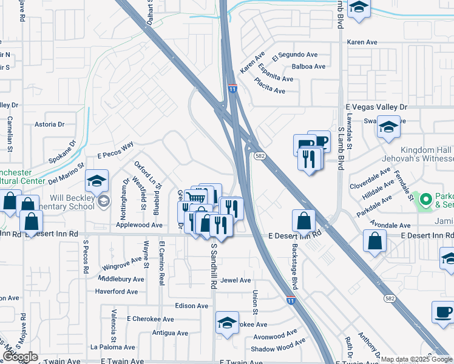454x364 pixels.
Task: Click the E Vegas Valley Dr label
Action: [376, 107]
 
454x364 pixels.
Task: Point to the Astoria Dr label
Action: [50, 124]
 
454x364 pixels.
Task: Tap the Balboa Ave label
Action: [308, 67]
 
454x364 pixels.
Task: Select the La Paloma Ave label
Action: [112, 347]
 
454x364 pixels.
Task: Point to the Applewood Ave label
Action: [140, 225]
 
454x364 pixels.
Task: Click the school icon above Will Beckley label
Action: [97, 180]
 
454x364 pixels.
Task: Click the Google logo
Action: [20, 357]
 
